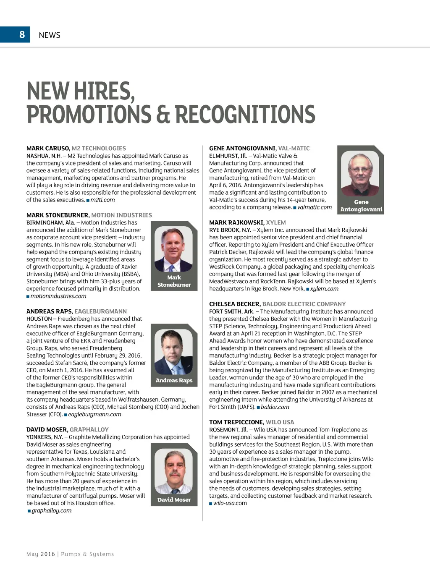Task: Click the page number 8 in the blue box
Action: point(22,34)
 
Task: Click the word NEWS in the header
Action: point(50,35)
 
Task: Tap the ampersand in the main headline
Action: point(163,114)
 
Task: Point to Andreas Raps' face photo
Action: point(174,352)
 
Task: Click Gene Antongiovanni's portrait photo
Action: point(360,173)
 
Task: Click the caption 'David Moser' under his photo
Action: point(174,499)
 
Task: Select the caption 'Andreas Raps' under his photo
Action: point(174,380)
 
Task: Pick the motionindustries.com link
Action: point(58,296)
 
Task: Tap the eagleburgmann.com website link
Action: point(94,414)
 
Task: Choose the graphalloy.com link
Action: point(52,510)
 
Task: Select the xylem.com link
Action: point(324,289)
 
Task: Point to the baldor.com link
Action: point(275,407)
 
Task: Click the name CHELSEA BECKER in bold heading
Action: point(234,304)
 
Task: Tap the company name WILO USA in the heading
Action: point(280,422)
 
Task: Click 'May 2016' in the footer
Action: point(41,554)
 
